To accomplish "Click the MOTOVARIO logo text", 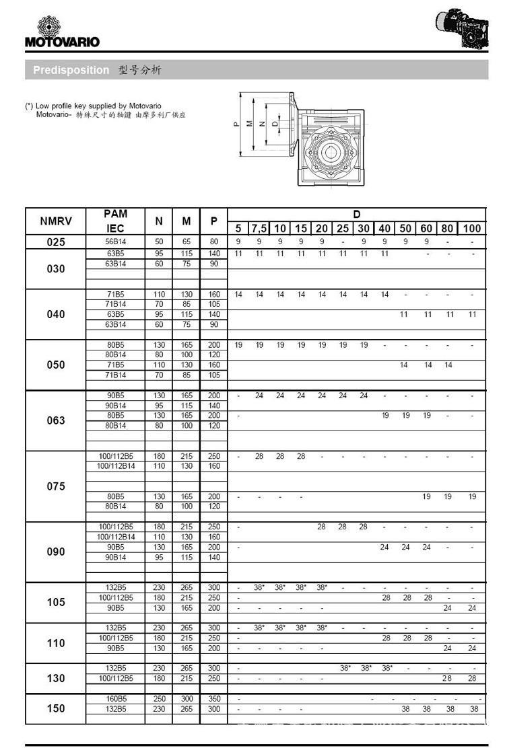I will pos(62,42).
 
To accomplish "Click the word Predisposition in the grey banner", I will pos(71,70).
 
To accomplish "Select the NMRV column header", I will pos(56,221).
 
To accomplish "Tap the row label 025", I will pos(56,242).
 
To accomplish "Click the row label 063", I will pos(56,420).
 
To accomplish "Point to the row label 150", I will pos(56,708).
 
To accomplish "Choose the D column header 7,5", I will pos(259,228).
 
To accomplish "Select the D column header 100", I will pos(472,228).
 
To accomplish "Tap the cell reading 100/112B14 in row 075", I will pos(115,466).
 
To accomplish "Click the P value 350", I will pos(214,699).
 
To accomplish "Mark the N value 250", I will pos(160,699).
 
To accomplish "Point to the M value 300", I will pos(187,699).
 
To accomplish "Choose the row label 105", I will pos(56,602).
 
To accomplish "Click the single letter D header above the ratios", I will pos(357,215).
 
